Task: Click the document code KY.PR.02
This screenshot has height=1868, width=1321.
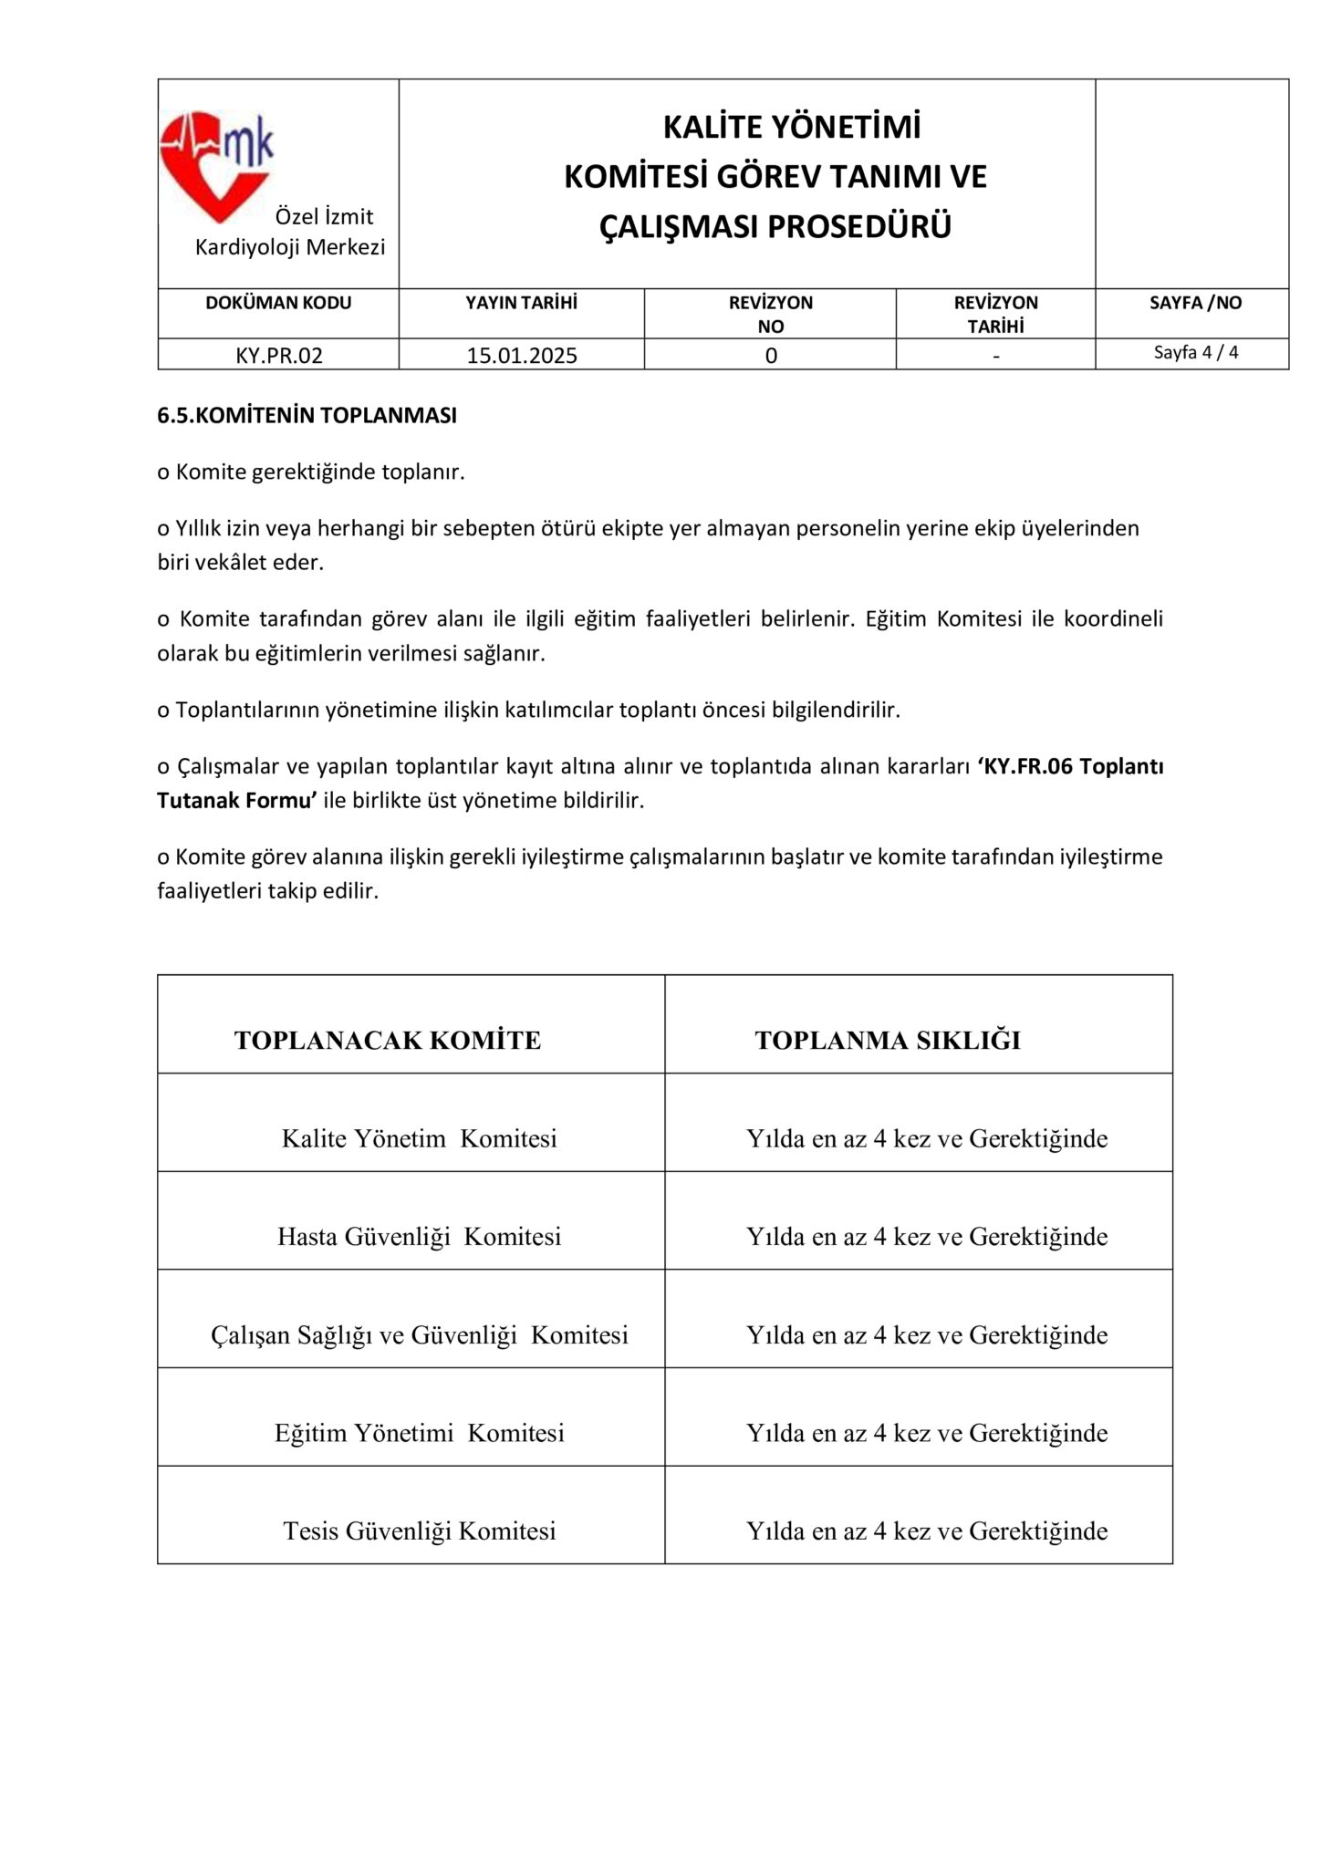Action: pos(279,356)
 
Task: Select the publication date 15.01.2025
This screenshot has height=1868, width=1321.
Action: pos(522,356)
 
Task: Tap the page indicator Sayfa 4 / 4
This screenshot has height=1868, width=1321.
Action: pos(1196,352)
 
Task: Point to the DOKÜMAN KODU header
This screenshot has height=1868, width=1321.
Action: pos(278,303)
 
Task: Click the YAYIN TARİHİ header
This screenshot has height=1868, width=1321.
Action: pos(522,303)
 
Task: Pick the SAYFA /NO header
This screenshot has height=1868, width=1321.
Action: pos(1195,303)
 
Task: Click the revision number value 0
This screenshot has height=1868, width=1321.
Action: pos(771,356)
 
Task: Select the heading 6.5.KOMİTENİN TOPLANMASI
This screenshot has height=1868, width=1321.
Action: pos(307,416)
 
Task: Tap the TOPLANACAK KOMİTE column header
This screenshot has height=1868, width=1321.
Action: pos(388,1041)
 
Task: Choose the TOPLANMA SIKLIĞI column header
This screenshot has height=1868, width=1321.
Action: pos(888,1041)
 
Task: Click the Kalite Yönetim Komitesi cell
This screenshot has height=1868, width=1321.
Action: pos(419,1138)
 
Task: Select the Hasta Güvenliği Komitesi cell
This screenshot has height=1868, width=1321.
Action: pos(419,1237)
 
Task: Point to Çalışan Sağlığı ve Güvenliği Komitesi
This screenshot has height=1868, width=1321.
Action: pos(419,1335)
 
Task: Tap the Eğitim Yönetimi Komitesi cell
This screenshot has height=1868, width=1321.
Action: pos(419,1433)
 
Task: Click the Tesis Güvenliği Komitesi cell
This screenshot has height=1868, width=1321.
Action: pos(419,1531)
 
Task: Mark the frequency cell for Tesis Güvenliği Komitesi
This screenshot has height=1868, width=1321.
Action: pos(927,1531)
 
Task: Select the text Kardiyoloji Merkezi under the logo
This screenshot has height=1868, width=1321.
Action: pos(290,247)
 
